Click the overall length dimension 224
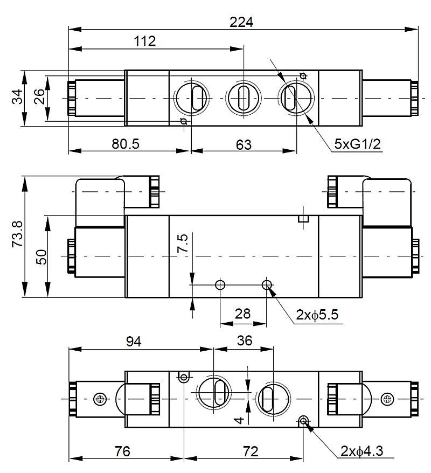pos(241,22)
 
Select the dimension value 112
pos(145,41)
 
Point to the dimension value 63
pos(244,144)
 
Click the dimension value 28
pos(243,314)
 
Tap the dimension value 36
pos(244,341)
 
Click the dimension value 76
pos(123,451)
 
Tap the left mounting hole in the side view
pos(220,284)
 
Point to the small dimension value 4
pos(240,419)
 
